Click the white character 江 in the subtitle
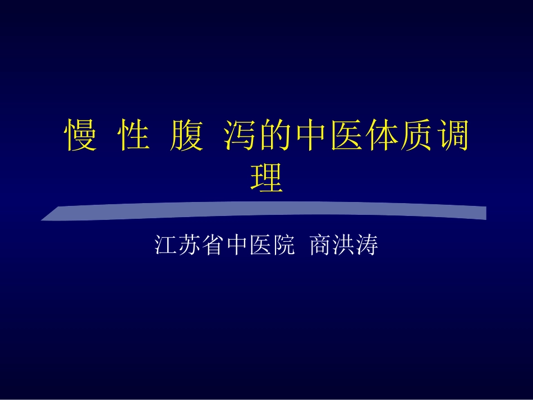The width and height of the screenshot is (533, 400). pos(166,246)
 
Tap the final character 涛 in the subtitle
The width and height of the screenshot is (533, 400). pos(367,246)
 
